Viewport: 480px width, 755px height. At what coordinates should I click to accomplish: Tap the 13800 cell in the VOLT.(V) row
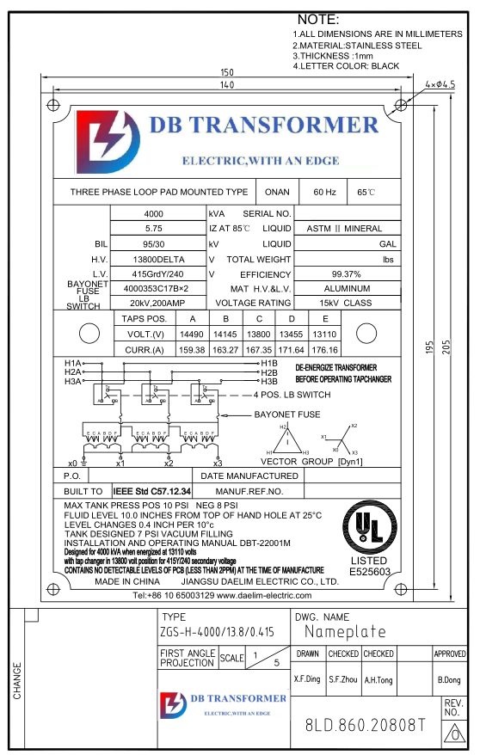[x=258, y=334]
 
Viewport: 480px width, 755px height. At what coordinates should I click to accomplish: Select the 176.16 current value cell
[x=324, y=350]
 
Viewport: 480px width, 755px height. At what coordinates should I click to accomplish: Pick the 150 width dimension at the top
[x=227, y=72]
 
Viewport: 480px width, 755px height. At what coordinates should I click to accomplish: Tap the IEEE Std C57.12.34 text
[x=152, y=491]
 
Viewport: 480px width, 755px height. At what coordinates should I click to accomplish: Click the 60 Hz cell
[x=324, y=192]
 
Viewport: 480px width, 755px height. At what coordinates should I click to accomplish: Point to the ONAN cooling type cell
[x=277, y=192]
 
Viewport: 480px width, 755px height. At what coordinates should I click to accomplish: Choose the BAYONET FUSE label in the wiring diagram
[x=286, y=414]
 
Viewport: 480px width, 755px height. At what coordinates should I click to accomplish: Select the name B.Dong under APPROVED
[x=451, y=679]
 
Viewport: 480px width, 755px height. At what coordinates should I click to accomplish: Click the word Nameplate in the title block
[x=345, y=632]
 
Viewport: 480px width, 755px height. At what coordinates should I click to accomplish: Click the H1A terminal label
[x=73, y=363]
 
